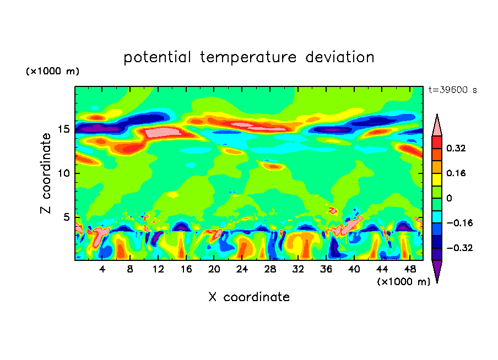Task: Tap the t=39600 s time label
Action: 452,90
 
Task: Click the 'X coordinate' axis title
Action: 249,297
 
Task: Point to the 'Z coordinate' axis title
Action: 46,173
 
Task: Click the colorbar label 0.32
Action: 457,148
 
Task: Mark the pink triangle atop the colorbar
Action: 437,125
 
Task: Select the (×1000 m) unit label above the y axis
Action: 52,72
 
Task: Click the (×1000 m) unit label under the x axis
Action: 404,282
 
